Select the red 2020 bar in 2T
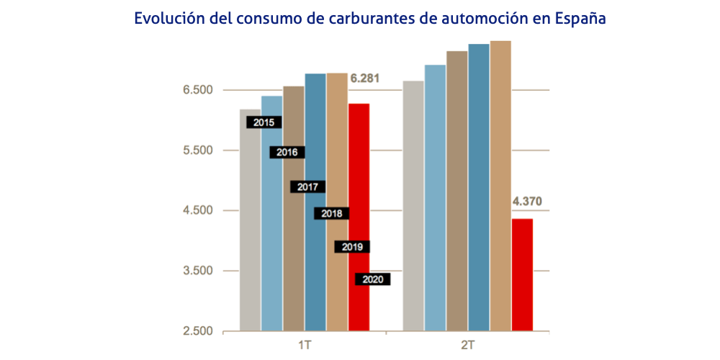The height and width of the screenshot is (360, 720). pos(522,274)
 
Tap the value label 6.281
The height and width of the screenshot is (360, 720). pos(364,78)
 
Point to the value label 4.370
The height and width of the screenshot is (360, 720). pos(527,201)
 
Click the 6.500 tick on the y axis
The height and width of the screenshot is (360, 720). pos(198,90)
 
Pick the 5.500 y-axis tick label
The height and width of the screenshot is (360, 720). pos(198,150)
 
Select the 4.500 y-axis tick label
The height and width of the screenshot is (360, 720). pos(198,211)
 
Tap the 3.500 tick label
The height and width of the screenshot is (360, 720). pos(198,271)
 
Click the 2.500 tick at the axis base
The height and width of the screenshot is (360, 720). pos(198,332)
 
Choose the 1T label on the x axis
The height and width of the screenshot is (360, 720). pos(305,346)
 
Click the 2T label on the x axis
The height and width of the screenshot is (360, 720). pos(468,346)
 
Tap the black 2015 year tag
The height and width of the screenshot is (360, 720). pos(264,123)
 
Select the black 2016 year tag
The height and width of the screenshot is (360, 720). pos(287,153)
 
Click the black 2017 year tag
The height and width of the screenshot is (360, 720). pos(307,187)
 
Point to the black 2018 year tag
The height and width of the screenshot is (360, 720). pos(332,214)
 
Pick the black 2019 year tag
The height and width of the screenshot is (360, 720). pos(352,247)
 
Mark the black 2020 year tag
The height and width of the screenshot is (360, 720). pos(373,279)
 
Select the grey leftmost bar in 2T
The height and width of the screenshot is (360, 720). pos(413,206)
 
